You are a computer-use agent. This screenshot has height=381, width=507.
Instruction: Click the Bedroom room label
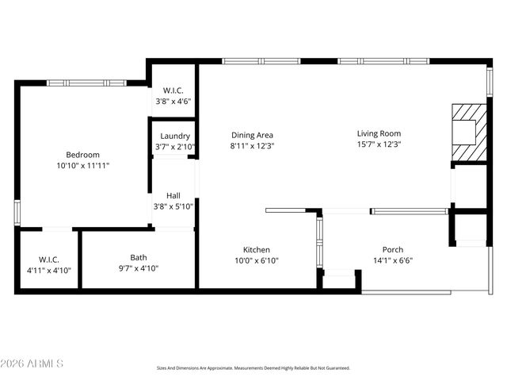tap(82, 155)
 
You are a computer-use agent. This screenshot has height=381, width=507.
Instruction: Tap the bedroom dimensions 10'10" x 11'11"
tap(82, 166)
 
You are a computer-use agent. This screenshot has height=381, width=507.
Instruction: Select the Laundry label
tap(174, 136)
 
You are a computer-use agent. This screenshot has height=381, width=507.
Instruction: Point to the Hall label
tap(173, 195)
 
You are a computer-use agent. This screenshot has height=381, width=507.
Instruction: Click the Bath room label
tap(139, 257)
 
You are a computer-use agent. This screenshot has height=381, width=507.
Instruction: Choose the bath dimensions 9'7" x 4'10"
tap(139, 268)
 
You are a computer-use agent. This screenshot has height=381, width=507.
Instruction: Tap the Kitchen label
tap(257, 249)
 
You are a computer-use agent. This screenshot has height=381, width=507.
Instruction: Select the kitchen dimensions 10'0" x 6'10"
tap(257, 260)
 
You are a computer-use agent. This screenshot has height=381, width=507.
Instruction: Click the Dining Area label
tap(252, 135)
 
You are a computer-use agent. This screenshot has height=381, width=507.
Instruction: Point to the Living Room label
tap(379, 133)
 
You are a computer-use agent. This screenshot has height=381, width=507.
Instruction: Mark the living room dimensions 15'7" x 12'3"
tap(379, 144)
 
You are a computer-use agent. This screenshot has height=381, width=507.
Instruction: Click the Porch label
tap(393, 249)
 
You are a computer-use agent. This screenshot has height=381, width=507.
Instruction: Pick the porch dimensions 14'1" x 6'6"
tap(393, 260)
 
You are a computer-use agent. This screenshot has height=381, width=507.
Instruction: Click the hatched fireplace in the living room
tap(467, 131)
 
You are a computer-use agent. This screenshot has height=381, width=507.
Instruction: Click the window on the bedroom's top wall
tap(86, 83)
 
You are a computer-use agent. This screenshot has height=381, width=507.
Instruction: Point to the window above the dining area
tap(261, 60)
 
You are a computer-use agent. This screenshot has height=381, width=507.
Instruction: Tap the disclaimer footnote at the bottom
tap(253, 368)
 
